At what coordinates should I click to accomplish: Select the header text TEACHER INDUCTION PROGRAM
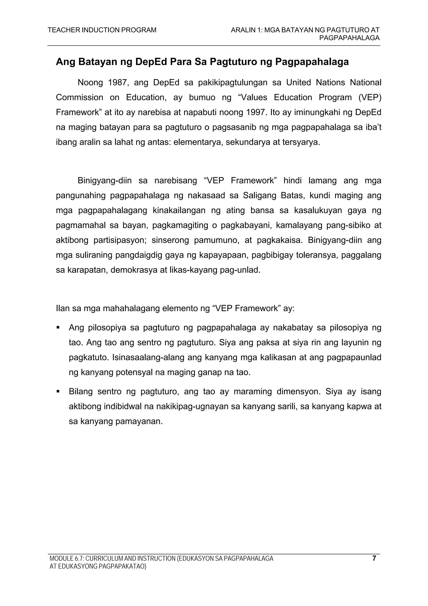pyautogui.click(x=102, y=30)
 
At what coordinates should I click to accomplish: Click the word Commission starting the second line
pyautogui.click(x=79, y=98)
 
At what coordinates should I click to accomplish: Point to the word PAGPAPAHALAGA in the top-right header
pyautogui.click(x=349, y=38)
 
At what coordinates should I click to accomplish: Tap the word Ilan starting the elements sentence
pyautogui.click(x=62, y=308)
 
